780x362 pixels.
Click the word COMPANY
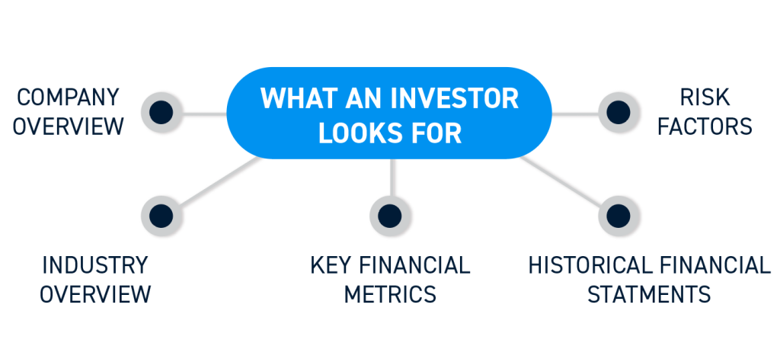click(x=68, y=97)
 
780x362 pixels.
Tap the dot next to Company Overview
click(x=161, y=112)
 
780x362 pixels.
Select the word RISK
click(x=705, y=97)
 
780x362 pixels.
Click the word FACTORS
click(x=705, y=127)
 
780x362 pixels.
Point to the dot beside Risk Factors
click(x=619, y=112)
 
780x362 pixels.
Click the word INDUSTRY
click(x=95, y=265)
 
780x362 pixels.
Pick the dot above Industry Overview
click(x=161, y=216)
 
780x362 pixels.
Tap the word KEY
click(x=331, y=265)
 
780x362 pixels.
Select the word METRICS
click(x=390, y=293)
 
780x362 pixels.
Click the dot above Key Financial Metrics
click(x=389, y=216)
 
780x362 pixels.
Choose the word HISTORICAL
click(x=588, y=265)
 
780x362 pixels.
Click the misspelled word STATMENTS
click(x=649, y=293)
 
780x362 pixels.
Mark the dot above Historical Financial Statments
click(x=619, y=216)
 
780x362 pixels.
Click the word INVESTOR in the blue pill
click(x=454, y=98)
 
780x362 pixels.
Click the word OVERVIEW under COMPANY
click(x=68, y=127)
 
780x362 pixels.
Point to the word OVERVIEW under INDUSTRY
click(x=95, y=293)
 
